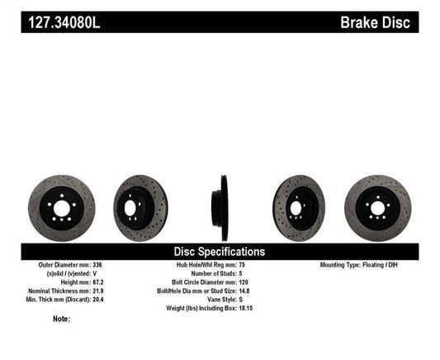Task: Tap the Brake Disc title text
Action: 376,21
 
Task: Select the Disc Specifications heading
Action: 219,251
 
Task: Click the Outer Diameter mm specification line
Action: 70,265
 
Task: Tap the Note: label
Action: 61,319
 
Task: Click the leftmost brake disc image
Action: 62,205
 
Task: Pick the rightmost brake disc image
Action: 377,205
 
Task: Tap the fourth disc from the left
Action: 300,205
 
